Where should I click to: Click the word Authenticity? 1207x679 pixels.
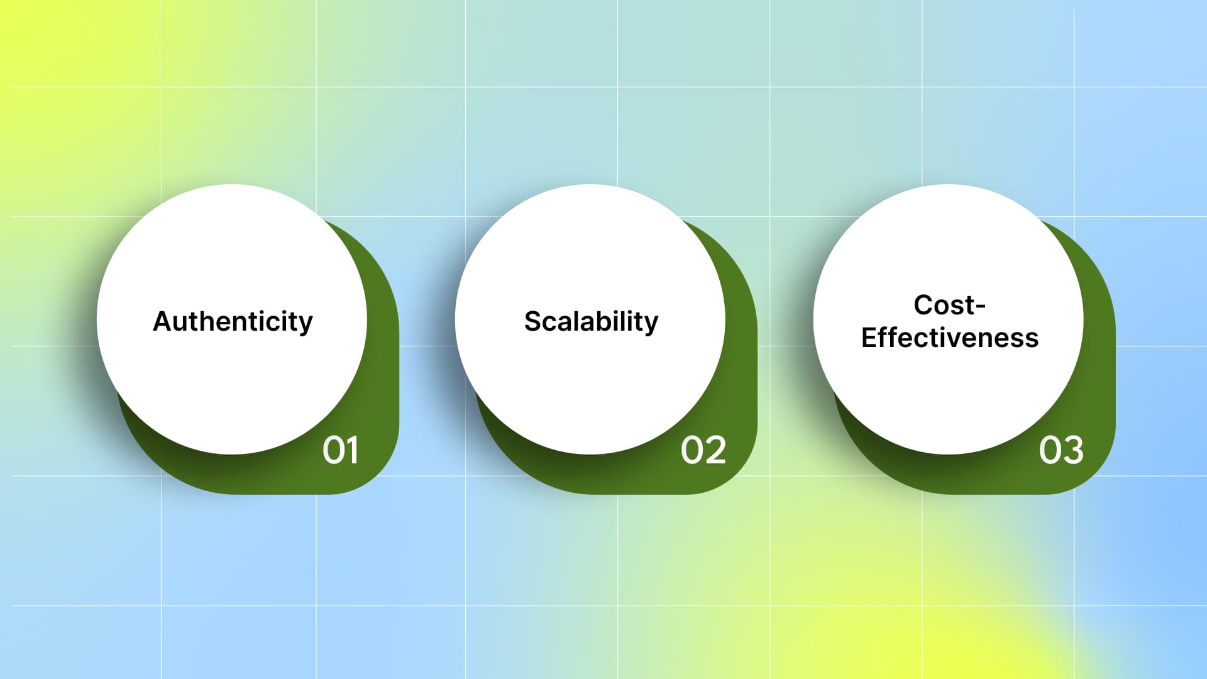pos(233,322)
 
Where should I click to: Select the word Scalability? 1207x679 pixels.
pos(591,322)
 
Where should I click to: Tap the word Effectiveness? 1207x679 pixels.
pos(949,338)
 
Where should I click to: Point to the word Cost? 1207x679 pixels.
pos(940,305)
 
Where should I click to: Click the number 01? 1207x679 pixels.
pos(341,450)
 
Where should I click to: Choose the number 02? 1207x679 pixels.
pos(703,450)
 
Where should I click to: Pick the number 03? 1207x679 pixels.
pos(1061,450)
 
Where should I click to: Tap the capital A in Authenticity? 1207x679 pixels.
pos(164,321)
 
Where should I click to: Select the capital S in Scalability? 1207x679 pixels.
pos(533,321)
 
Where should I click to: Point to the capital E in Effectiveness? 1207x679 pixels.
pos(869,338)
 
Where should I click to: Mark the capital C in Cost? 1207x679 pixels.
pos(924,305)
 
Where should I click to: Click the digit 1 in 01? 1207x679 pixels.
pos(353,450)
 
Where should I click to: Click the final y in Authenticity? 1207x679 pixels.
pos(306,326)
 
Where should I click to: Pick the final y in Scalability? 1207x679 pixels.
pos(651,326)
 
